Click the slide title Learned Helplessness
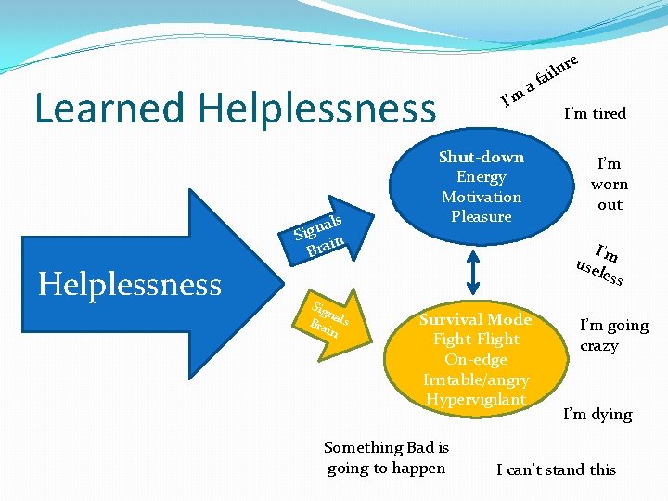[x=235, y=108]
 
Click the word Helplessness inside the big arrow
[x=130, y=284]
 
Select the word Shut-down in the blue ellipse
[x=481, y=157]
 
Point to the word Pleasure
[x=481, y=216]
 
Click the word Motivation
[x=481, y=197]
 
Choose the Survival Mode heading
[x=475, y=319]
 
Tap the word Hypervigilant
[x=475, y=399]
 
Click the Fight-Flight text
[x=475, y=339]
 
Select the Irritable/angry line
[x=475, y=379]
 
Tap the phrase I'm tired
[x=595, y=113]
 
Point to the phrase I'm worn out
[x=610, y=184]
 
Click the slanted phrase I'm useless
[x=600, y=264]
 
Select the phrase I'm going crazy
[x=613, y=335]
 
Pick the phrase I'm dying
[x=597, y=414]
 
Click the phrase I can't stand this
[x=556, y=469]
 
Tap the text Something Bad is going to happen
[x=386, y=457]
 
